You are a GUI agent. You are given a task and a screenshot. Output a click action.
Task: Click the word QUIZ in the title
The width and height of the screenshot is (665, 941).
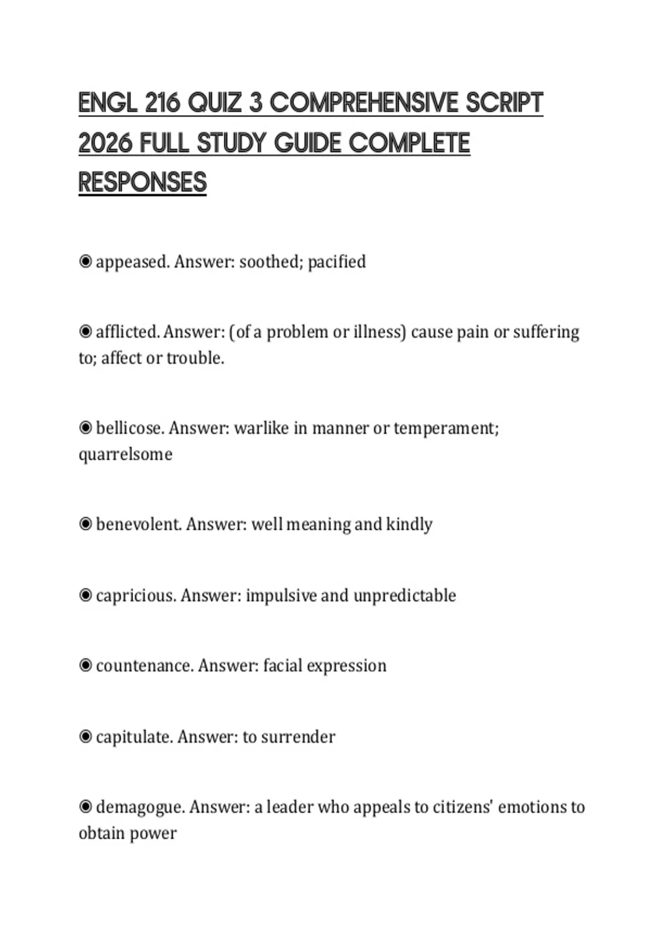coord(214,103)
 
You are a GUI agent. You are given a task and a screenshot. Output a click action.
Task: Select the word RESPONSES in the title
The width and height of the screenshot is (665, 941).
coord(142,183)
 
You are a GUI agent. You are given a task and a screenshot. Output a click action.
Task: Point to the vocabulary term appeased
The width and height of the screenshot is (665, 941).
coord(132,262)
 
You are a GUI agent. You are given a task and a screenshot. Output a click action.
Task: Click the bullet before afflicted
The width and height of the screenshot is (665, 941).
coord(85,332)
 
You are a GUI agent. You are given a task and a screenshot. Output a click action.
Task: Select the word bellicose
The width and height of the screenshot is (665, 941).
coord(130,428)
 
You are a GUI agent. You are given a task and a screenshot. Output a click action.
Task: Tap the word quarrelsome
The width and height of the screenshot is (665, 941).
coord(125,454)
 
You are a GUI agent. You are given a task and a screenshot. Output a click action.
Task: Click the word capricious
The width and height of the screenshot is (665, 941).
coord(136,596)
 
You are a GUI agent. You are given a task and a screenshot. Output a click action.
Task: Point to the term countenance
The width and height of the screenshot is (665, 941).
coord(145,665)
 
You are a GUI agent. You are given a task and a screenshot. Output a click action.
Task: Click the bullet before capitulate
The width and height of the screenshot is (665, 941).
coord(85,737)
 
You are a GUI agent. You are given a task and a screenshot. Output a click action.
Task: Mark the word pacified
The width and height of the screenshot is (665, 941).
coord(336,262)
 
